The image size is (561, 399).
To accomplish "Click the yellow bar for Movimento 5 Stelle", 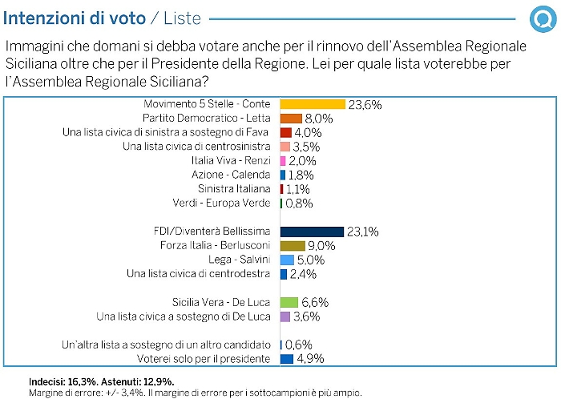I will coord(312,104).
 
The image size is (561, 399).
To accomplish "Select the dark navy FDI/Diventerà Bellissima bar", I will coord(311,231).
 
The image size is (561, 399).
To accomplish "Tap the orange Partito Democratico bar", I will coord(291,119).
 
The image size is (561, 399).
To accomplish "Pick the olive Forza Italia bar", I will coord(293,245).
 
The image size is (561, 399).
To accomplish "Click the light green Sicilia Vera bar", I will coord(289,303).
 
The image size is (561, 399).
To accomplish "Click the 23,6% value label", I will coord(365,104).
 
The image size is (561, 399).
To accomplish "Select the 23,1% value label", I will coord(363,232).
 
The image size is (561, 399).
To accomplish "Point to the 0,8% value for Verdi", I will coord(299,204).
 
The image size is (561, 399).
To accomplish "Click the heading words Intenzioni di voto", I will coord(68,18).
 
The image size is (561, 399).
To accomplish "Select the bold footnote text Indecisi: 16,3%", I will coord(67,382).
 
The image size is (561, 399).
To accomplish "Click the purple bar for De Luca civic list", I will coord(285,316).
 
